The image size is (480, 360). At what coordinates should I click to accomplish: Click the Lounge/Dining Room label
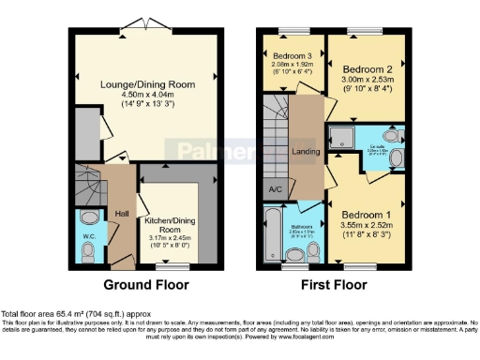148,84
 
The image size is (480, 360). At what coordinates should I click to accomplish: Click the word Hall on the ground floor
121,214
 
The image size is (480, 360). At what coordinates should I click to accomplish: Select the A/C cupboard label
276,189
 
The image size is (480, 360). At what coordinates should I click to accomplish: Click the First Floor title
335,285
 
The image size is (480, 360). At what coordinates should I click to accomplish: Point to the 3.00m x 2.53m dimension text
368,82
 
